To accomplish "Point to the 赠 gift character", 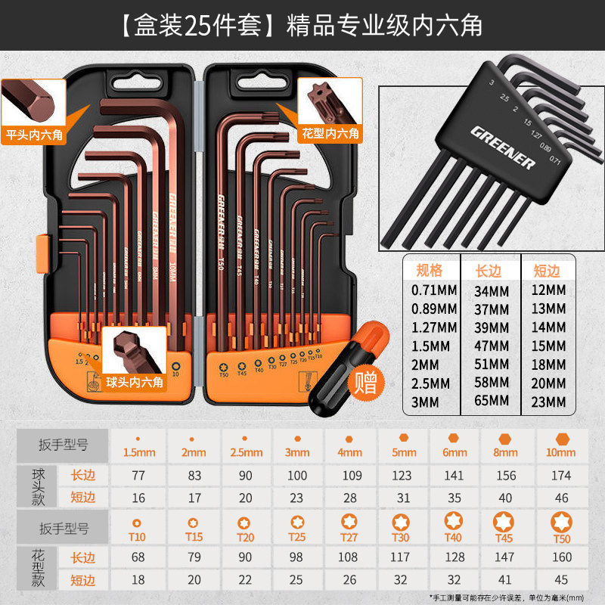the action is [x=367, y=383].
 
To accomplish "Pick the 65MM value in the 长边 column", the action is [x=492, y=402].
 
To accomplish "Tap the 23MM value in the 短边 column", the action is [x=547, y=402].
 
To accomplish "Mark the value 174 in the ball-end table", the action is [x=561, y=475].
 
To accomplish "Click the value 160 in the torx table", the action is [x=561, y=558].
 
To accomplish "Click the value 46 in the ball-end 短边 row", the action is [x=561, y=498].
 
